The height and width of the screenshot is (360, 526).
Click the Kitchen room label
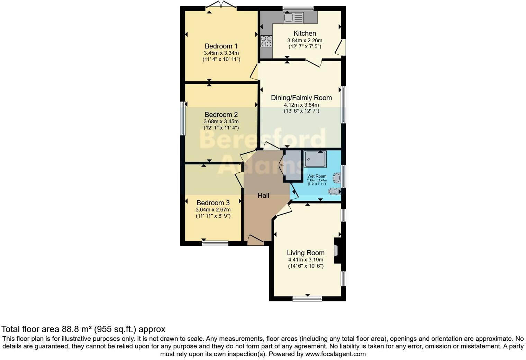pos(305,33)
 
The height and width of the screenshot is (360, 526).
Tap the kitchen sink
pos(293,17)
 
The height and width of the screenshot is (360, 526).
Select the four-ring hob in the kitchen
pos(266,41)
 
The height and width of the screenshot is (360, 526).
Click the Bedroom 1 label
pos(221,46)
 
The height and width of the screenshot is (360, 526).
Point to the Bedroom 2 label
pos(221,115)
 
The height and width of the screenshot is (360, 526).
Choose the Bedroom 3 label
pos(213,203)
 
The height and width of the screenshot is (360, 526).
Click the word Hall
pos(263,196)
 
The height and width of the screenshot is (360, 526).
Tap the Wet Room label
pos(317,176)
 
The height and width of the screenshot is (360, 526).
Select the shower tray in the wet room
pos(315,159)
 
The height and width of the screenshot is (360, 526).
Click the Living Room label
pos(306,253)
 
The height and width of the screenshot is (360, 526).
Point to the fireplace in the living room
pos(337,250)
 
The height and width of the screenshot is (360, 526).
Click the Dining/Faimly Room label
pos(301,98)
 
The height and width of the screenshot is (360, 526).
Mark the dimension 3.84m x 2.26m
pos(305,40)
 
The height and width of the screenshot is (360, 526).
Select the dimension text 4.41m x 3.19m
pos(306,260)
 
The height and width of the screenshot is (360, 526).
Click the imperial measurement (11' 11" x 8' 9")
pos(213,216)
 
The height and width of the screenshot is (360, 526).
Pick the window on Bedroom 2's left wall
pos(183,118)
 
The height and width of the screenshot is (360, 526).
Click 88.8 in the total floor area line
pos(71,329)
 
